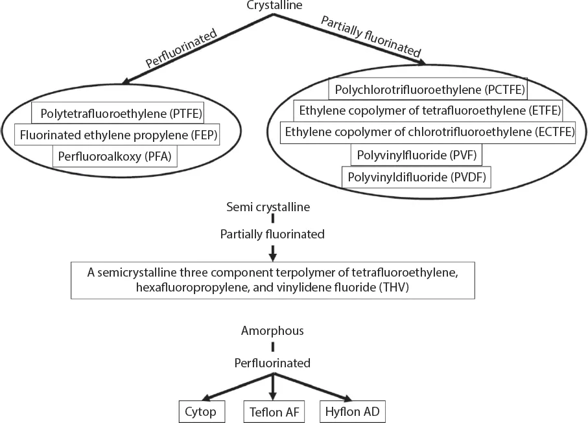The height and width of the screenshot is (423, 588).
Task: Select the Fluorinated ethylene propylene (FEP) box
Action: click(x=118, y=135)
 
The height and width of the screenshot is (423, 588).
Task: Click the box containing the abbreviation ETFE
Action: click(x=428, y=110)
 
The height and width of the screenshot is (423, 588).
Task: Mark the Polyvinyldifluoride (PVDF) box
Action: click(x=417, y=177)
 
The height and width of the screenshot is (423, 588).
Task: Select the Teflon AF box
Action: click(x=273, y=411)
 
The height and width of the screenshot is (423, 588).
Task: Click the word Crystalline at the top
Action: click(x=272, y=6)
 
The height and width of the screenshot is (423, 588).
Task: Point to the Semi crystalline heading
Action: click(x=272, y=208)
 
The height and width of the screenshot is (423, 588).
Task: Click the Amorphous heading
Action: click(x=272, y=331)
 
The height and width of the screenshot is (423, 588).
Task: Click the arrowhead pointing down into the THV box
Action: click(x=273, y=255)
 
